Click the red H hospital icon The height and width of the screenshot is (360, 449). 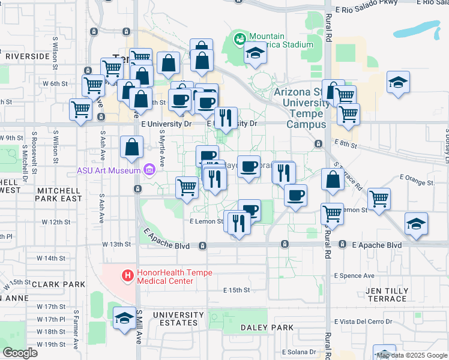(127, 277)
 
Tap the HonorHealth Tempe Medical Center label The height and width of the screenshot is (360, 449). (175, 277)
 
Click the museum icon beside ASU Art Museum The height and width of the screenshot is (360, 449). (149, 170)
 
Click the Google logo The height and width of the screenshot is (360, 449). (20, 352)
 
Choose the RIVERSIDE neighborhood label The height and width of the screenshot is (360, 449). (27, 56)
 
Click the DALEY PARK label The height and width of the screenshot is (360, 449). (267, 328)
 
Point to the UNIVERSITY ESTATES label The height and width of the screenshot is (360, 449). (178, 319)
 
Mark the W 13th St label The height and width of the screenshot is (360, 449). (116, 244)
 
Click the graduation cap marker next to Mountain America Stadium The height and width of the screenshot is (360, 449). (256, 54)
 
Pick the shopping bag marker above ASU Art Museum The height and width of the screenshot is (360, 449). (131, 147)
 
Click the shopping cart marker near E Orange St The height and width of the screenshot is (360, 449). (379, 199)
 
